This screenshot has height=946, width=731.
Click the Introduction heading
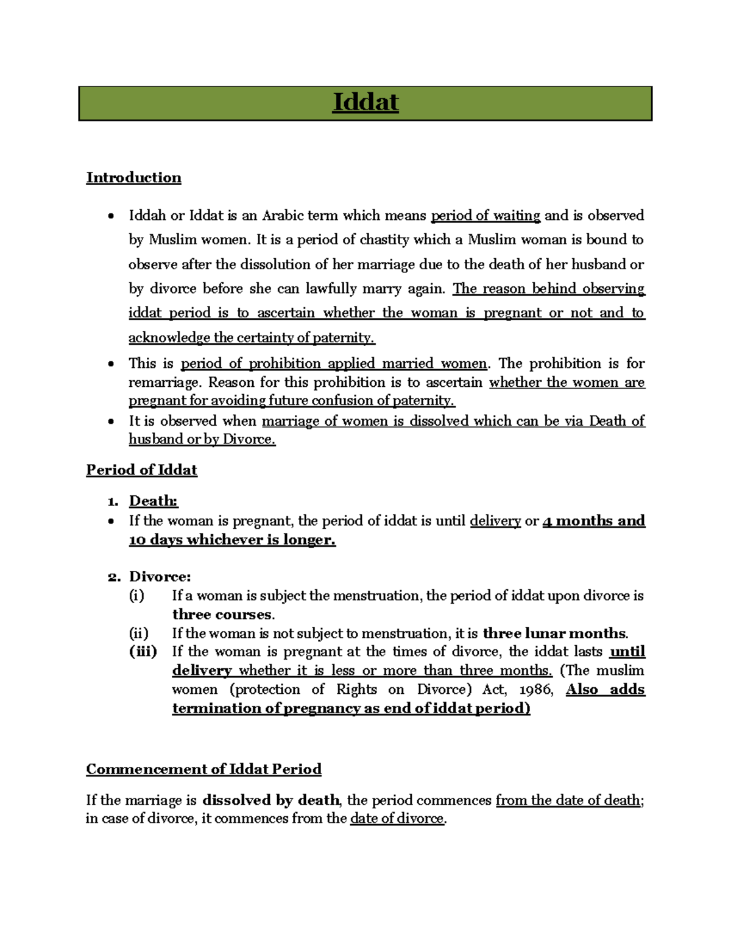coord(133,178)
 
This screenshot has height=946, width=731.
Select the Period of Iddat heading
coord(141,470)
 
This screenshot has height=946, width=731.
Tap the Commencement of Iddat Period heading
coord(203,769)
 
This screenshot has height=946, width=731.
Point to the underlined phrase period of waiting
coord(486,216)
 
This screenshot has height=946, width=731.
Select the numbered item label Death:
coord(153,501)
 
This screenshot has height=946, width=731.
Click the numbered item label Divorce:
coord(160,577)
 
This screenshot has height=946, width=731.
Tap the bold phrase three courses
coord(222,615)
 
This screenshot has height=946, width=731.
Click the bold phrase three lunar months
coord(554,634)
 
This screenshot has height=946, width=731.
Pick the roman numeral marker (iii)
coord(143,652)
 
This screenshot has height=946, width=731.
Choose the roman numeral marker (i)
coord(136,596)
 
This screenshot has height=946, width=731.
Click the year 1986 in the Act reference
coord(536,690)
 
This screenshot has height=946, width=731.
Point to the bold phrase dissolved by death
coord(271,800)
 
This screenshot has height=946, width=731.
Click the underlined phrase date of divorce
coord(397,819)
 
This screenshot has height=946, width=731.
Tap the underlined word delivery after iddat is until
coord(495,521)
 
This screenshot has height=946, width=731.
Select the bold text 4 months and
coord(593,521)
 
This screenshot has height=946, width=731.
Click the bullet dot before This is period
coord(110,364)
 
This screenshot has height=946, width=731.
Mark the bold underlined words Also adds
coord(605,690)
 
